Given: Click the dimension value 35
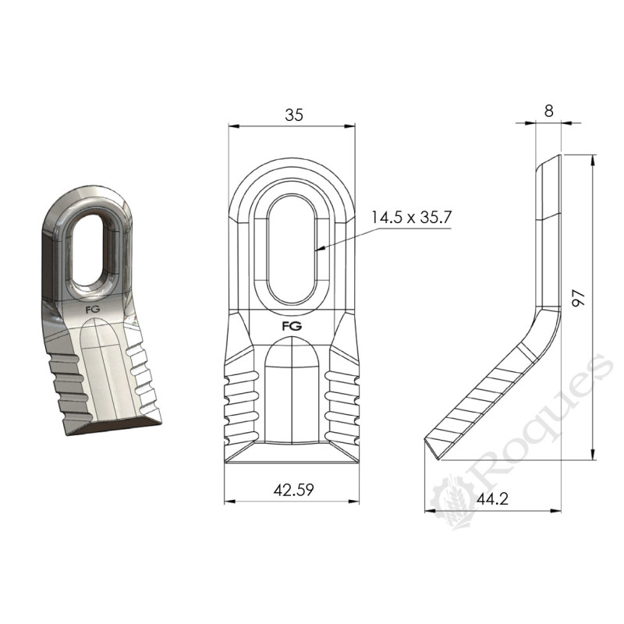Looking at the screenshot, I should tap(293, 115).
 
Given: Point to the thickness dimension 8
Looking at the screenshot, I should tap(549, 111).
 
